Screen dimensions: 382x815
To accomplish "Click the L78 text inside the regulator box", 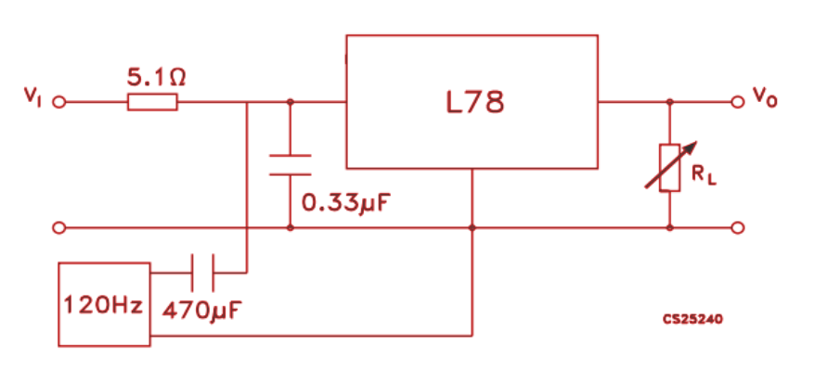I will [x=474, y=102].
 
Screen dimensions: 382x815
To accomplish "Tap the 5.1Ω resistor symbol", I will [x=151, y=102].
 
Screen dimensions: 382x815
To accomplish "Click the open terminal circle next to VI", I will [x=60, y=102].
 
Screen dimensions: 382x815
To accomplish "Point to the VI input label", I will [x=33, y=95].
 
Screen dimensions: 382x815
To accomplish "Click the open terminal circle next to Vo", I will [x=738, y=101].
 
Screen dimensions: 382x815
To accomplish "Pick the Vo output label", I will [x=765, y=96].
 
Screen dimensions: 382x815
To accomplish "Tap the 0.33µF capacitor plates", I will [x=291, y=164].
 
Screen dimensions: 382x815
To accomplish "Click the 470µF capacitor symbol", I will [x=202, y=273].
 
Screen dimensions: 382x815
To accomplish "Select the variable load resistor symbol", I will [x=669, y=168].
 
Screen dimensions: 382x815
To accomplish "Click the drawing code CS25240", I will [x=692, y=319].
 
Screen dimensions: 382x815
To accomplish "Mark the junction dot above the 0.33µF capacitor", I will [x=291, y=102].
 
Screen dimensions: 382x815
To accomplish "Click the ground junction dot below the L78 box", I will [x=472, y=227].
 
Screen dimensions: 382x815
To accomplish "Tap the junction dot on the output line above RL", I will [x=669, y=102].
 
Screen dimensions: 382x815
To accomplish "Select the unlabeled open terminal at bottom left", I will [x=60, y=227].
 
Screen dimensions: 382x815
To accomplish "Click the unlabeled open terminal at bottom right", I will [x=738, y=227].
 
